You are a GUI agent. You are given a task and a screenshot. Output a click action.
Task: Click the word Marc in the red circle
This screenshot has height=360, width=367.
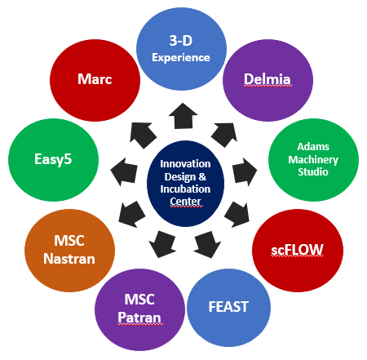[95, 79]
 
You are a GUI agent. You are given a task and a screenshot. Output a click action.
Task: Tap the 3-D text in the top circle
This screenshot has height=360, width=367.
[181, 41]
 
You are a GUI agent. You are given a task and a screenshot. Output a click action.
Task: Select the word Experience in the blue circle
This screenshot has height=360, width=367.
[181, 58]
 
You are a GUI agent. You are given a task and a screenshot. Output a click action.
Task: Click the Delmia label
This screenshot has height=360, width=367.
[268, 79]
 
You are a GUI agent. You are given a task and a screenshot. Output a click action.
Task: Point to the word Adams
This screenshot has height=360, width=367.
[313, 147]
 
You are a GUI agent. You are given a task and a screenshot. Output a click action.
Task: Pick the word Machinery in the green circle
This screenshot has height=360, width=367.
[313, 160]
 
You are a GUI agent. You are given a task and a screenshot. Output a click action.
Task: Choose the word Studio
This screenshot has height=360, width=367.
[313, 172]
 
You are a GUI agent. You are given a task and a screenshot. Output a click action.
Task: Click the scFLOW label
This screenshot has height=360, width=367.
[297, 250]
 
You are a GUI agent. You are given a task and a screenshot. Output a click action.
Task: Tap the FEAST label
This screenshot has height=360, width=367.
[228, 307]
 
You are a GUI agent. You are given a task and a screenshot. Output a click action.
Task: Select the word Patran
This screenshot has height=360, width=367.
[139, 318]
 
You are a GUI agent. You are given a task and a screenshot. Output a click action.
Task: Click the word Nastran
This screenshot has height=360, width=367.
[69, 259]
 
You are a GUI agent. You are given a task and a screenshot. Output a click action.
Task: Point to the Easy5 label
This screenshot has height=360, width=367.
[53, 159]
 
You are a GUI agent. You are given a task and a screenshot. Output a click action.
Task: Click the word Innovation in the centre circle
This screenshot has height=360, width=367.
[185, 164]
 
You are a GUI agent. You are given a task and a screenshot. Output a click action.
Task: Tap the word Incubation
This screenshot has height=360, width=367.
[185, 189]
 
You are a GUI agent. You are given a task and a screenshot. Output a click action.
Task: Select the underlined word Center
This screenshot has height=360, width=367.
[185, 202]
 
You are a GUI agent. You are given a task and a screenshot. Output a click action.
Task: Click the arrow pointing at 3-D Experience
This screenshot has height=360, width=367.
[183, 116]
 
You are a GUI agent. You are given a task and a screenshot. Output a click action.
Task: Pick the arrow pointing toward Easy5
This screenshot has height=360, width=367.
[125, 172]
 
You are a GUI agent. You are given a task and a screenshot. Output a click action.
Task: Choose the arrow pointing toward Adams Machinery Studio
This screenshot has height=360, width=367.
[245, 172]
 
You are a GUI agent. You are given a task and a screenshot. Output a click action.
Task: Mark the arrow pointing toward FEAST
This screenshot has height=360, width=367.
[207, 245]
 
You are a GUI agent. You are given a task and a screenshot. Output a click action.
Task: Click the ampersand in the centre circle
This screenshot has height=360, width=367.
[202, 177]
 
